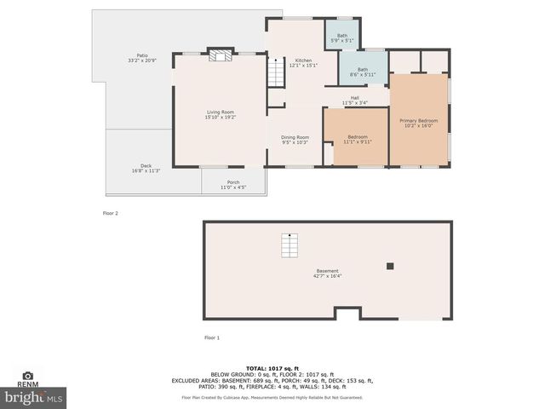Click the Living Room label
tap(220, 115)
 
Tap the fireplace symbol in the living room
tap(220, 56)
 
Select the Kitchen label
tap(303, 63)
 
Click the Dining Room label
tap(295, 140)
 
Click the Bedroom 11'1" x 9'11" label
tap(358, 140)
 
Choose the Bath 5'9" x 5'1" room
tap(342, 37)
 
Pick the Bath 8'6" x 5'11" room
tap(363, 72)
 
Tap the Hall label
tap(353, 101)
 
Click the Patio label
tap(130, 58)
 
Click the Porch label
tap(233, 185)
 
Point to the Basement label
tap(328, 274)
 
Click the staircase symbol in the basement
tap(290, 246)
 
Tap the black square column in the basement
tap(390, 266)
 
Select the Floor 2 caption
tap(110, 213)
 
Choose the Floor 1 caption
tap(212, 338)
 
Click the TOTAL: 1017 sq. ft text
tap(272, 367)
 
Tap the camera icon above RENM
tap(27, 376)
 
